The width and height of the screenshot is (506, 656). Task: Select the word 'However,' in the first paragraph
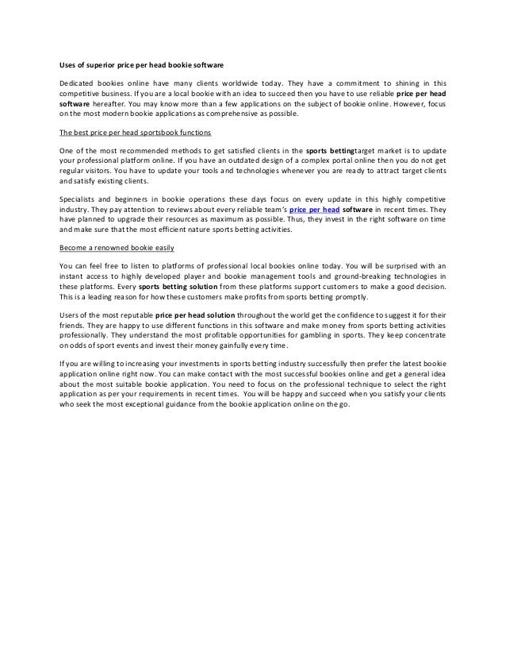pyautogui.click(x=403, y=103)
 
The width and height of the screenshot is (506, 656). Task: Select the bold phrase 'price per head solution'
pyautogui.click(x=201, y=316)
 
